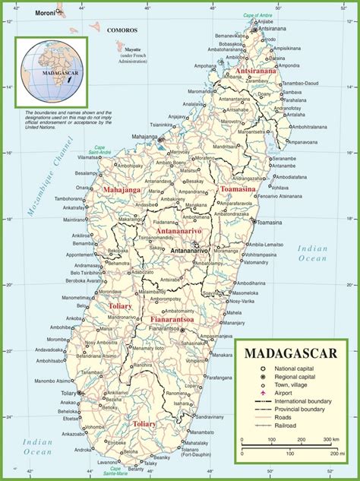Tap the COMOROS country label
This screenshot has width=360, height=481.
[x=122, y=30]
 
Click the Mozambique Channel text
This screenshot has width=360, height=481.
[x=42, y=176]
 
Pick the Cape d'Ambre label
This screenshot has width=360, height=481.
[x=258, y=16]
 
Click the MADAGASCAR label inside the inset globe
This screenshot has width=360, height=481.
[x=55, y=72]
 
